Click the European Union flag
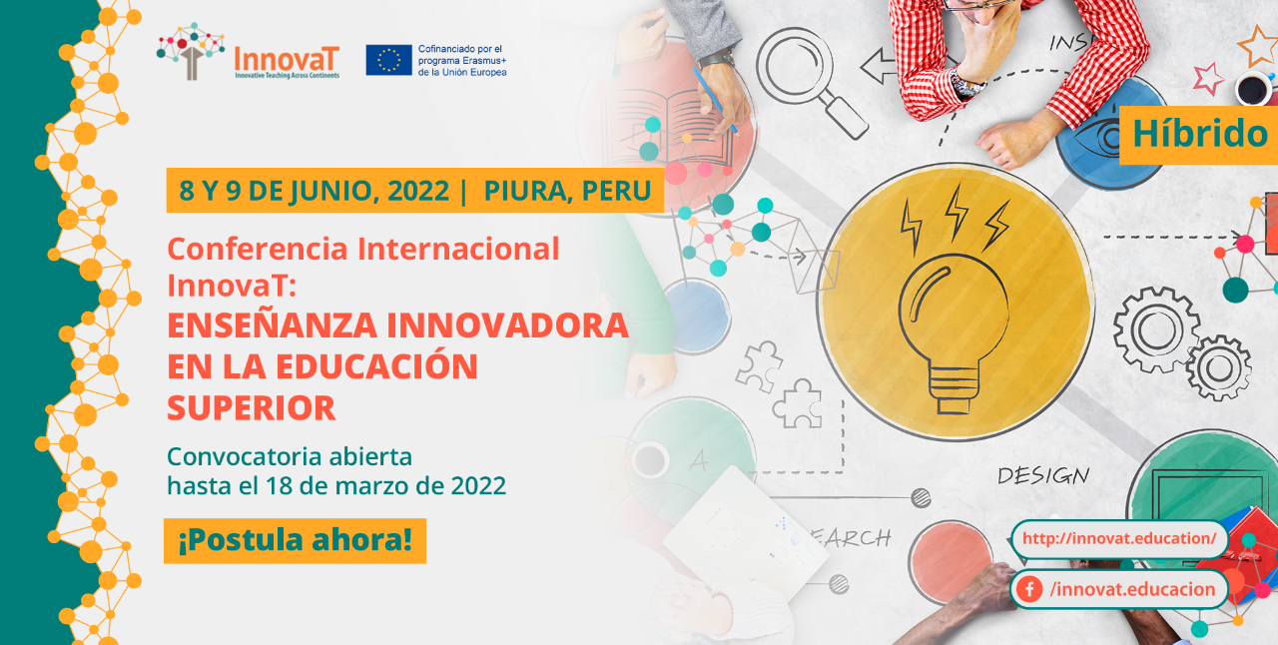[x=388, y=60]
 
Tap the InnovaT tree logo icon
[x=191, y=51]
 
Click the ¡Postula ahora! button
[x=295, y=540]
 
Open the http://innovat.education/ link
[x=1119, y=538]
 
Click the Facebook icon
[x=1029, y=589]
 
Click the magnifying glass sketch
[x=810, y=80]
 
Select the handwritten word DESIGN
[x=1043, y=475]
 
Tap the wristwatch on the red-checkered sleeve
[x=966, y=86]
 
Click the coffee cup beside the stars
[x=1254, y=89]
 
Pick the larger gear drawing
[x=1156, y=329]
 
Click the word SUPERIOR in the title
[x=252, y=408]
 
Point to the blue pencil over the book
[x=716, y=102]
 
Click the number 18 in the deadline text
[x=279, y=486]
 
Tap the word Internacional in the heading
[x=458, y=249]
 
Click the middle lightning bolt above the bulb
[x=956, y=212]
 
